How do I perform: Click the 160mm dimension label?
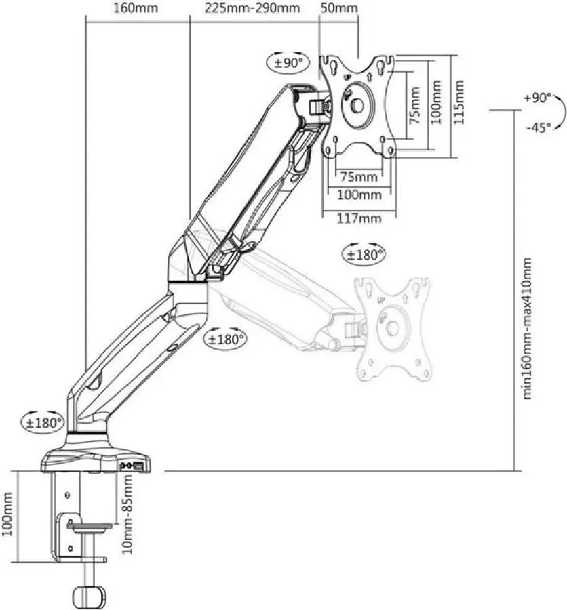tap(136, 7)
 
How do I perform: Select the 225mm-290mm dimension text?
tap(252, 7)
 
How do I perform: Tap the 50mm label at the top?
tap(338, 7)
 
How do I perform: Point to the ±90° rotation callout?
tap(288, 62)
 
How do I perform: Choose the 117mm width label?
tap(359, 218)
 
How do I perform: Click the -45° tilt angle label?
tap(539, 127)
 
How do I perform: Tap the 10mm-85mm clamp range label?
tap(127, 514)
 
